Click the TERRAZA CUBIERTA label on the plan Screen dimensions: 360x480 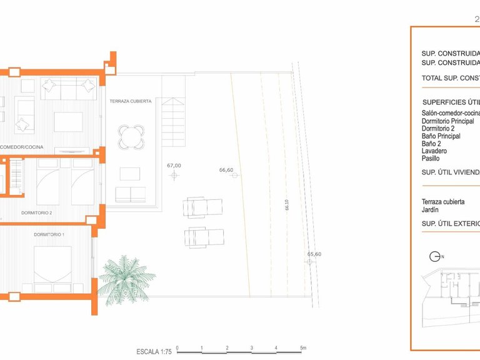130,101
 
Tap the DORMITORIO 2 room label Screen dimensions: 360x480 36,213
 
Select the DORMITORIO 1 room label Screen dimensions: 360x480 49,234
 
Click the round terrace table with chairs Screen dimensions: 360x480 130,137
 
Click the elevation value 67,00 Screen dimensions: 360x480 174,166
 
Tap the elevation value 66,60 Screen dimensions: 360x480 226,169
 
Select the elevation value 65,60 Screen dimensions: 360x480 314,254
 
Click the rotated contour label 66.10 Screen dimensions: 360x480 287,204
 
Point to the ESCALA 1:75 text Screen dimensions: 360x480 153,351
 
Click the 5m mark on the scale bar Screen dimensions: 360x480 302,347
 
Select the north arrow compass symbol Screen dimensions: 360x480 436,256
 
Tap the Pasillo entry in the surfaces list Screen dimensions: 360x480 431,159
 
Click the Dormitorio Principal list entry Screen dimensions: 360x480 447,121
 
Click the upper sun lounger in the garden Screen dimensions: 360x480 203,206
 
